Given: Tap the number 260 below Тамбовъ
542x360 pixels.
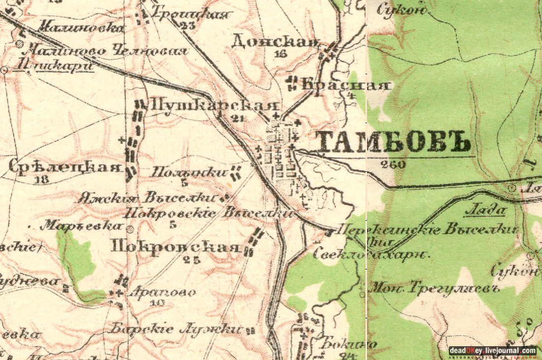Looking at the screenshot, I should (x=393, y=164).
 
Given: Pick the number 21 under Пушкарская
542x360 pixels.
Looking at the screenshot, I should (x=237, y=118).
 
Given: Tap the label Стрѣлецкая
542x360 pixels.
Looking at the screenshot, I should (x=65, y=167).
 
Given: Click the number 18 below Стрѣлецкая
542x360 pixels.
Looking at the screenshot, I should (x=42, y=180).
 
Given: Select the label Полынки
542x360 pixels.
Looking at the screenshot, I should (x=189, y=172).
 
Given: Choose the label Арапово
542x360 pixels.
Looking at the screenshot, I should (x=162, y=292).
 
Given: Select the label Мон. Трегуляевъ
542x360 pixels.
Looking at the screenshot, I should (x=434, y=288).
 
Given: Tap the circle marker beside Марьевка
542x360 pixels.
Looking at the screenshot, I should (x=130, y=229).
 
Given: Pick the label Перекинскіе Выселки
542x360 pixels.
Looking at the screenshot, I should (x=427, y=229).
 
